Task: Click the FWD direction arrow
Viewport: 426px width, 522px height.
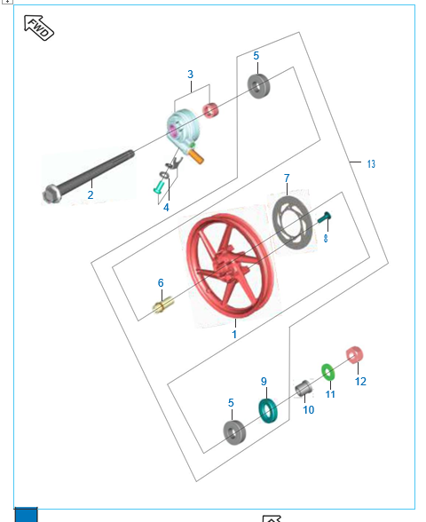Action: tap(39, 28)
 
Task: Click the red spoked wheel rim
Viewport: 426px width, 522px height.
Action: tap(231, 266)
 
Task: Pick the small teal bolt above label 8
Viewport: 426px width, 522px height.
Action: tap(324, 217)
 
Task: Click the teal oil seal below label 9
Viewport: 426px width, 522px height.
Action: tap(268, 410)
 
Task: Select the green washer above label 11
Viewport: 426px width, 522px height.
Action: tap(327, 372)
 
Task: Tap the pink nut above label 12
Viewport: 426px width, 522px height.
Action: tap(354, 355)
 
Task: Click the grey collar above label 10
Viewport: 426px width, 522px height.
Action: tap(304, 388)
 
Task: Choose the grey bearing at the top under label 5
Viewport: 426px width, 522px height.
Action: tap(258, 86)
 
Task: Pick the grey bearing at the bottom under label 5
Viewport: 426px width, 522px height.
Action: tap(234, 432)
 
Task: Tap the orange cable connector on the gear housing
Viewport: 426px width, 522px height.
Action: tap(195, 156)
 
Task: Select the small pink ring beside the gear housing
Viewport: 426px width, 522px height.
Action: tap(210, 110)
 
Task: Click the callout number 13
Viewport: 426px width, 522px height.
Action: tap(371, 163)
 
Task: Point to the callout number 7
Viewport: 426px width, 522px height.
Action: tap(287, 178)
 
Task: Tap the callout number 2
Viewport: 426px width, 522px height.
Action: tap(91, 194)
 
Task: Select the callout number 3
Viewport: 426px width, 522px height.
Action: tap(190, 75)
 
